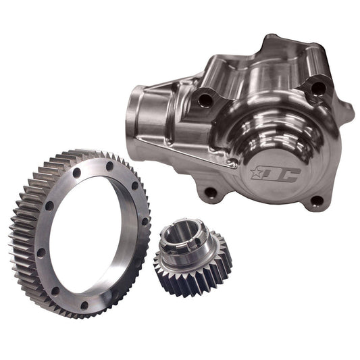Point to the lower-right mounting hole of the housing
coord(315,199)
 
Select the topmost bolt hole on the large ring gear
coord(109,164)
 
